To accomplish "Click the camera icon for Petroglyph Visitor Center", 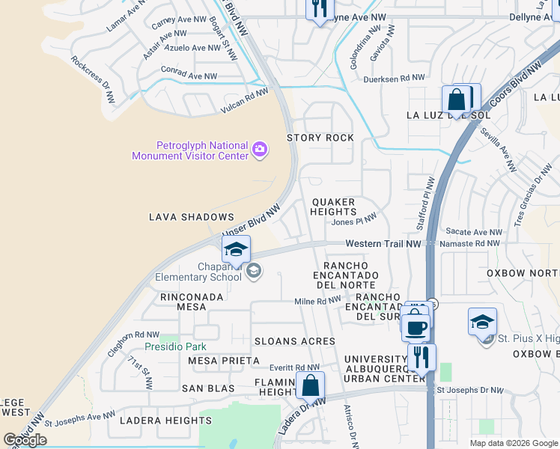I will (x=259, y=150).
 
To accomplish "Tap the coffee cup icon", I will (x=416, y=326).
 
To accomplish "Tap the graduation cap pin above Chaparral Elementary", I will (x=236, y=249).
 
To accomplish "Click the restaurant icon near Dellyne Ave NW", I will (x=319, y=9).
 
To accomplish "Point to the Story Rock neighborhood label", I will (x=320, y=138).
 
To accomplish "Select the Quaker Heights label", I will (x=334, y=207).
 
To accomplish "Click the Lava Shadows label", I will (x=181, y=217).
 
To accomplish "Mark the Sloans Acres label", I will (x=294, y=340).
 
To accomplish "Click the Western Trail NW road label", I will (x=384, y=244).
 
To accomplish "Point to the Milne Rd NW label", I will (x=317, y=301).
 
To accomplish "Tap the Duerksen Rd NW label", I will (x=394, y=78).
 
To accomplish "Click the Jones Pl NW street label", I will (x=354, y=221).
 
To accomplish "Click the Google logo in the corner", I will (x=25, y=440).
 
